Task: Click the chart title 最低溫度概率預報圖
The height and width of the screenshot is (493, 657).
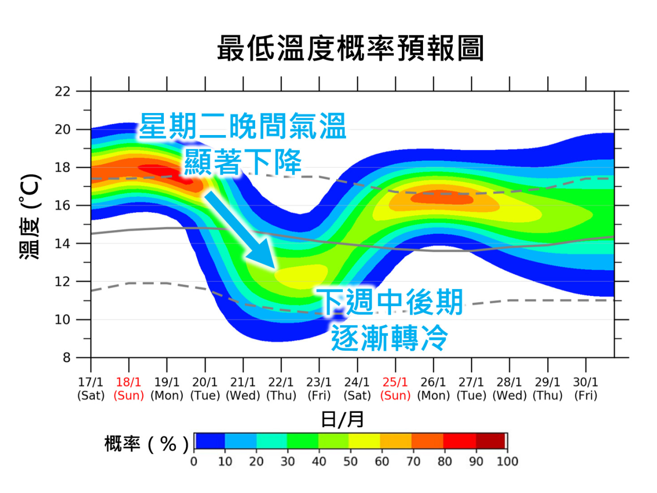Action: (x=350, y=49)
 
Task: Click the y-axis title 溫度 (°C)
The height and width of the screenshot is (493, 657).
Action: (x=30, y=216)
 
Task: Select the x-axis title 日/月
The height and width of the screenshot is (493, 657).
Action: (x=342, y=420)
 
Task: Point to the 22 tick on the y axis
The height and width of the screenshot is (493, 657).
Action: (x=63, y=91)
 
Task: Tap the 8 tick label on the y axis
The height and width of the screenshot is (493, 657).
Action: (x=66, y=357)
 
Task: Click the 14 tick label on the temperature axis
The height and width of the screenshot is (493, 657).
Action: (x=63, y=243)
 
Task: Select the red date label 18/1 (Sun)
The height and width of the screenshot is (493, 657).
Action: (x=128, y=389)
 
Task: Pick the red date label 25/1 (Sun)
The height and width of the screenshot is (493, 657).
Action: (x=395, y=389)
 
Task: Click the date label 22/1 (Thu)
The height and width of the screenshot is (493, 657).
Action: (x=281, y=389)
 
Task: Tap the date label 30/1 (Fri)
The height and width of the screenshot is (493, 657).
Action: (x=586, y=389)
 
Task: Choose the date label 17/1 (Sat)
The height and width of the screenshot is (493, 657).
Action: (x=91, y=389)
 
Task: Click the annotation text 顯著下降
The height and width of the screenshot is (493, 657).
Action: (x=243, y=162)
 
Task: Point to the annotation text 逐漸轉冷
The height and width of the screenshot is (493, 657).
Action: (x=389, y=338)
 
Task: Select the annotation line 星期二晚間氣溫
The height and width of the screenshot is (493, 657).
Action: (x=243, y=126)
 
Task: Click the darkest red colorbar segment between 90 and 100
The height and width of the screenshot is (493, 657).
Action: (x=491, y=441)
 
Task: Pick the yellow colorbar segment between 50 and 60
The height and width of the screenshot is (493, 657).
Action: (x=364, y=441)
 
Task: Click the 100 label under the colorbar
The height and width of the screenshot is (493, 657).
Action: (x=507, y=461)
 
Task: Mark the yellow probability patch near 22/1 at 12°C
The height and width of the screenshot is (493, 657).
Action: (x=300, y=275)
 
